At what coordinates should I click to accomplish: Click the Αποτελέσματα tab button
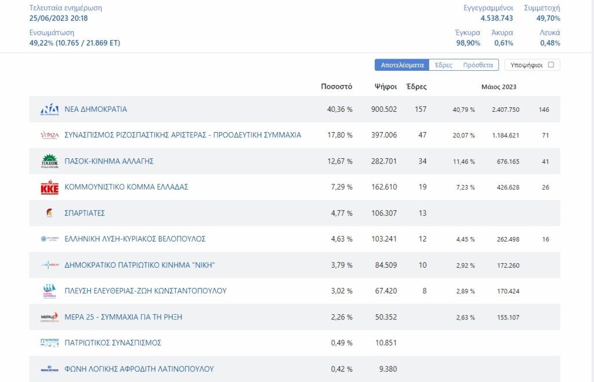tap(402, 65)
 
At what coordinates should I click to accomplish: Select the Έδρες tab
tap(443, 65)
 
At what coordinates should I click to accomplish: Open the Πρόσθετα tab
tap(478, 65)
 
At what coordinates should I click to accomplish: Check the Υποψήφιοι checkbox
tap(551, 65)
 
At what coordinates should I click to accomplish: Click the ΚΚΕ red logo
tap(50, 187)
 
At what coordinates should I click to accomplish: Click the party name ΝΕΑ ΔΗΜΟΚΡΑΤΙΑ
tap(96, 109)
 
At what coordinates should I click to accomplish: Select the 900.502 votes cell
tap(384, 109)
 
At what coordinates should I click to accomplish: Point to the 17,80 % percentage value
tap(340, 135)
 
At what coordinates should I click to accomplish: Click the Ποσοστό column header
tap(336, 86)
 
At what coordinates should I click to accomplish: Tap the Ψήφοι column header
tap(386, 86)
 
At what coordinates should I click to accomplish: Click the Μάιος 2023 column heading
tap(498, 87)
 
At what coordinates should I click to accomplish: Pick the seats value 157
tap(421, 109)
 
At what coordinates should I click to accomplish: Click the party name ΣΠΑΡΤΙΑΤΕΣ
tap(85, 213)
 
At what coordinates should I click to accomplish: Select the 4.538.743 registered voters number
tap(497, 18)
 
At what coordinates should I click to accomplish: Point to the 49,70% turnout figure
tap(548, 18)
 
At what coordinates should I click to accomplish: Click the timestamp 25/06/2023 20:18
tap(59, 18)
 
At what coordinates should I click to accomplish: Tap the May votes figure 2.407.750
tap(505, 110)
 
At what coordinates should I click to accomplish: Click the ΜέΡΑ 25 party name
tap(123, 317)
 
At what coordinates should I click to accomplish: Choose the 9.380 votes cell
tap(388, 369)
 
